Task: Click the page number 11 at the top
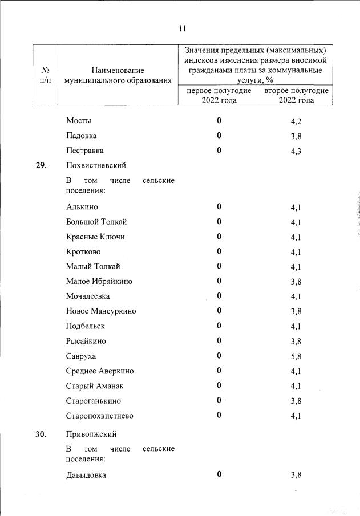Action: (x=182, y=29)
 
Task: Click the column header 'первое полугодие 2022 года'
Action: (x=219, y=95)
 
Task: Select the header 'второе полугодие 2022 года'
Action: (x=296, y=95)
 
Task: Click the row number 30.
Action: (x=41, y=434)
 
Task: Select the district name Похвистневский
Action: (x=96, y=166)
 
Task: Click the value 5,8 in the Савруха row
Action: (x=296, y=356)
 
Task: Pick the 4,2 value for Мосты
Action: (x=296, y=121)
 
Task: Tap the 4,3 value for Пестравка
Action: (x=296, y=151)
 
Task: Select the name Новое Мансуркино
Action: (x=101, y=311)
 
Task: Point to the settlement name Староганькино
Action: (x=94, y=401)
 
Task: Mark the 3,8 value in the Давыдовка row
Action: (x=296, y=475)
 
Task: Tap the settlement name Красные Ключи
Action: (x=95, y=237)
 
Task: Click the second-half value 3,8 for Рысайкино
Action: (x=296, y=342)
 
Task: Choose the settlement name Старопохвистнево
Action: (x=100, y=416)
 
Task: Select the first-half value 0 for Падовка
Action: (x=219, y=136)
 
